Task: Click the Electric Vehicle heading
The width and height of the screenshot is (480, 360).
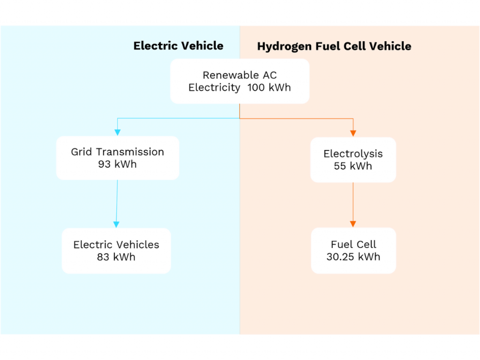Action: point(178,45)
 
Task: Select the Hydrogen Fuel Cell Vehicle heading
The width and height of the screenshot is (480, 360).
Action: point(334,46)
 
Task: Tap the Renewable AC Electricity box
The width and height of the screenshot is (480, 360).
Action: point(240,81)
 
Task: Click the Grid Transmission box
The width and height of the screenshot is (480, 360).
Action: point(118,158)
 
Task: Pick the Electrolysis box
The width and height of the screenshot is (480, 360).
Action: point(353,160)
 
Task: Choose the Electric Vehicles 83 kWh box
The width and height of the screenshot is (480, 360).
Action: point(116,251)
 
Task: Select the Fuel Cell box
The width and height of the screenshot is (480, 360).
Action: point(353,250)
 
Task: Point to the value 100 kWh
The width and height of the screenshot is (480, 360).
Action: point(269,88)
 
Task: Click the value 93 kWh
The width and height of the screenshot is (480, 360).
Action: point(117,164)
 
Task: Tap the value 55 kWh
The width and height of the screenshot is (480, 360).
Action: point(353,166)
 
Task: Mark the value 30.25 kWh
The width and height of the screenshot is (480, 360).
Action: point(353,256)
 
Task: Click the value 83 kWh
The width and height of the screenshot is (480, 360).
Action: point(116,257)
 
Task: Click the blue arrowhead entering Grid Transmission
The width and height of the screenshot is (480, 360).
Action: point(118,133)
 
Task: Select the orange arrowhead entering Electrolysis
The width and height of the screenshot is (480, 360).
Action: point(353,134)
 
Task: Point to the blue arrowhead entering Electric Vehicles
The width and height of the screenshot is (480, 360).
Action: point(116,225)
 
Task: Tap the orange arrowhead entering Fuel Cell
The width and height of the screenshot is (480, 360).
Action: point(353,224)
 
